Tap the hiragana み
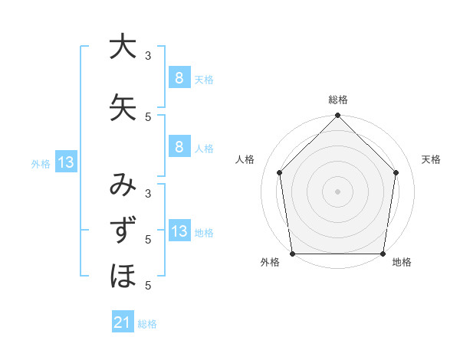click(123, 185)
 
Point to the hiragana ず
click(123, 231)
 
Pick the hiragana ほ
click(123, 275)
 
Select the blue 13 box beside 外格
click(67, 162)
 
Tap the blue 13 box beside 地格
click(179, 232)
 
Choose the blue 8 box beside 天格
click(179, 77)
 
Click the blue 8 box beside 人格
click(179, 147)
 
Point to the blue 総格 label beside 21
click(147, 324)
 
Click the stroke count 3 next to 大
click(148, 56)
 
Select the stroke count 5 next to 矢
click(148, 116)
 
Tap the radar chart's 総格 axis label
click(338, 100)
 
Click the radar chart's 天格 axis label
click(431, 159)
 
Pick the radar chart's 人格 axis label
click(245, 159)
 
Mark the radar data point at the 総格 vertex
click(338, 116)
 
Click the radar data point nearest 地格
click(383, 254)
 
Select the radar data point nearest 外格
click(292, 254)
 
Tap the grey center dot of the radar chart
click(338, 191)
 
